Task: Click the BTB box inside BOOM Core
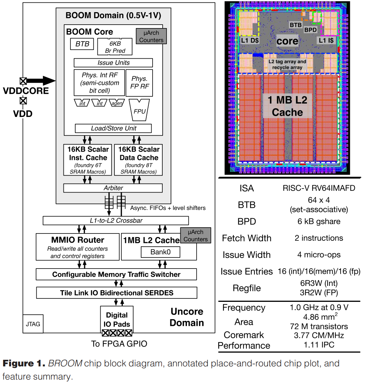point(82,44)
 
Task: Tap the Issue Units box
point(113,63)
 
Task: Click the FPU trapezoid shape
point(139,109)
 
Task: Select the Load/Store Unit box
point(113,128)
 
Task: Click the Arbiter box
point(113,188)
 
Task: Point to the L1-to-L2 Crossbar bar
point(115,220)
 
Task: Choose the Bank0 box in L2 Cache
point(160,252)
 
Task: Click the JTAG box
point(33,324)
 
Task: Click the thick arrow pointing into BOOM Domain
point(41,81)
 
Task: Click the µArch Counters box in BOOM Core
point(151,36)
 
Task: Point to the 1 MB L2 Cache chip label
point(287,106)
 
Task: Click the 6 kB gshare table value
point(319,221)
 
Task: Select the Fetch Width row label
point(246,238)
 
